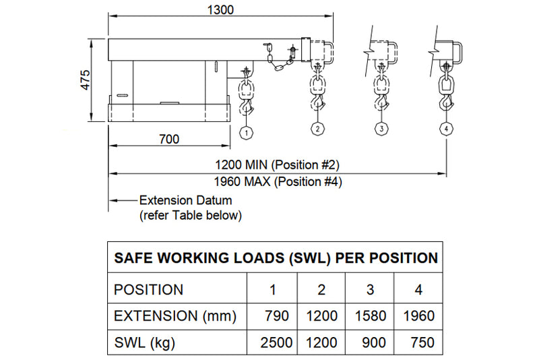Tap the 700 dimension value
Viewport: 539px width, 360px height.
click(x=168, y=139)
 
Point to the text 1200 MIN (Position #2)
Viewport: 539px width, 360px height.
click(x=276, y=164)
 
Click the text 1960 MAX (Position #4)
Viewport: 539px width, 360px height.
click(x=276, y=181)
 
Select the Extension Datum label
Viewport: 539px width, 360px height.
click(x=185, y=200)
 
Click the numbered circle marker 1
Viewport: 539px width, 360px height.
click(x=247, y=133)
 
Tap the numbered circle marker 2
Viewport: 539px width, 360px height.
click(x=317, y=128)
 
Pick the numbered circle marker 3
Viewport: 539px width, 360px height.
click(x=381, y=128)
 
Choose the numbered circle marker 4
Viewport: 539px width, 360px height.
click(x=446, y=128)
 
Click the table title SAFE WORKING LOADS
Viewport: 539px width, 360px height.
click(x=276, y=258)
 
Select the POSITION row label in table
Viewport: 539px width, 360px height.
click(x=148, y=290)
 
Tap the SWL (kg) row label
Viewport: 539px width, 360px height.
click(x=144, y=342)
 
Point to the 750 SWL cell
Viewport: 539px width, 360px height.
click(x=419, y=342)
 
